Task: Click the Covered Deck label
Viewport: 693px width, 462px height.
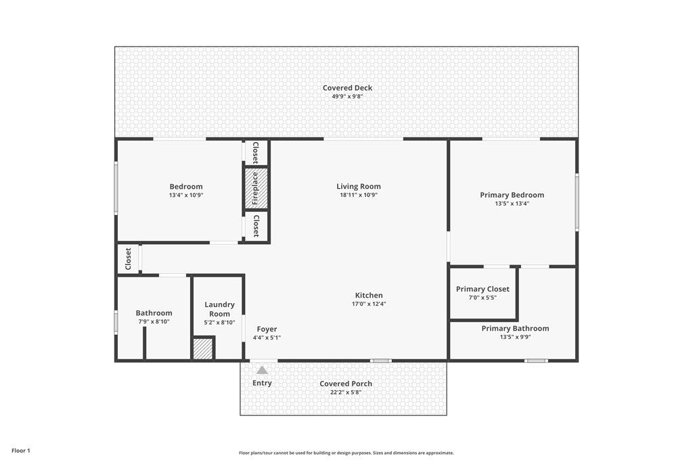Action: [x=347, y=88]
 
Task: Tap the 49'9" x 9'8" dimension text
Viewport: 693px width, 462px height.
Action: [x=347, y=97]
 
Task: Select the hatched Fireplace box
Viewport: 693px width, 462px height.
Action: [x=256, y=188]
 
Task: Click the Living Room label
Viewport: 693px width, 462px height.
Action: [x=359, y=186]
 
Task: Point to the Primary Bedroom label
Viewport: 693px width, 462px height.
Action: [x=512, y=195]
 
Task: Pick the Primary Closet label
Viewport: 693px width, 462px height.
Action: [x=483, y=289]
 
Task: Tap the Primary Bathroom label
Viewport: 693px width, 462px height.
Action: [x=515, y=328]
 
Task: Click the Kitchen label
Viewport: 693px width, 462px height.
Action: [x=369, y=295]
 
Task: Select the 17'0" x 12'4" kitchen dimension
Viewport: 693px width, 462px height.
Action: [x=369, y=304]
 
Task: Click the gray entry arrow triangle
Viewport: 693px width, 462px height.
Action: [x=262, y=370]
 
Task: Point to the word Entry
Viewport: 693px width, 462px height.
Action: [x=262, y=383]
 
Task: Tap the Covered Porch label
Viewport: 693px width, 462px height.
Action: [x=346, y=384]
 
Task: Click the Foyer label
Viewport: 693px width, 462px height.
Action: [x=267, y=329]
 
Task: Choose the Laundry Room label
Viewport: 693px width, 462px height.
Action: [x=219, y=309]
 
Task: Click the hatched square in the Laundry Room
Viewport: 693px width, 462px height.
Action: [x=203, y=349]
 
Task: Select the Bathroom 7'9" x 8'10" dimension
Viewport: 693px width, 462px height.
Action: [x=154, y=322]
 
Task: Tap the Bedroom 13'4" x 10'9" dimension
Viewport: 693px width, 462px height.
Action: [x=185, y=195]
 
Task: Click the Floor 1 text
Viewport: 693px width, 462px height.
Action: [x=21, y=451]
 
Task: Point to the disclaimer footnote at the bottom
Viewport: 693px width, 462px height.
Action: [x=346, y=453]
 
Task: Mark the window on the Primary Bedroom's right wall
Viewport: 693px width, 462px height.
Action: [x=577, y=202]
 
